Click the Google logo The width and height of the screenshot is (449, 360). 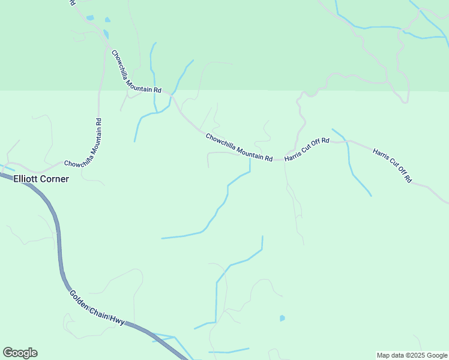click(20, 353)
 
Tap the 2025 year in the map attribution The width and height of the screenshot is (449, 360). click(417, 355)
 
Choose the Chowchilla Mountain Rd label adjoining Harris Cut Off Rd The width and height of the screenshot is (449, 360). click(239, 147)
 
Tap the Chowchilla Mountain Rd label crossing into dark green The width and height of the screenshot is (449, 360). click(136, 71)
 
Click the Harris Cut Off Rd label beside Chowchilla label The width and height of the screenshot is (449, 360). click(307, 149)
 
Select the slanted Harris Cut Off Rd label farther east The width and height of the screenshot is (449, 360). click(392, 165)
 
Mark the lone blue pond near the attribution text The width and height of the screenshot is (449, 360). click(282, 318)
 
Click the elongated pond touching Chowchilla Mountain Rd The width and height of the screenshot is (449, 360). click(106, 34)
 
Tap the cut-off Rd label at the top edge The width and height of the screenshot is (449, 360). click(72, 2)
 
